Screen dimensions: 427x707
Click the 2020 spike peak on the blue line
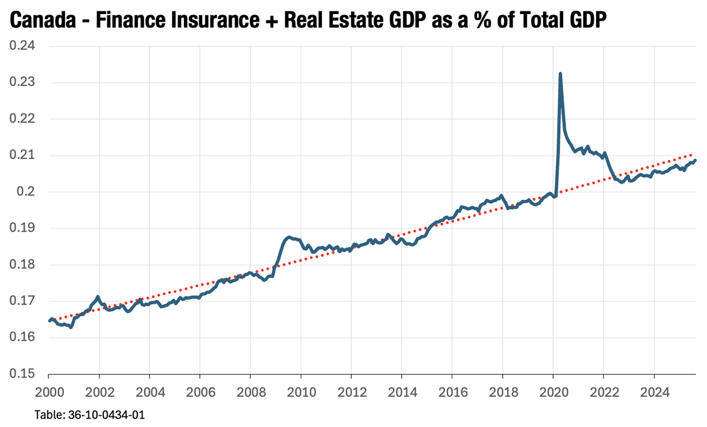[x=560, y=74]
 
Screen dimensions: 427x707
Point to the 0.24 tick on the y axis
[x=22, y=47]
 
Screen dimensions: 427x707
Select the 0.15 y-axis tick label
[x=22, y=374]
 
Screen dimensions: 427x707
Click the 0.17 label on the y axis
[x=22, y=301]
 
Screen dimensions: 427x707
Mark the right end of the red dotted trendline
[x=695, y=154]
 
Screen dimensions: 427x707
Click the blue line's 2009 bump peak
[x=288, y=237]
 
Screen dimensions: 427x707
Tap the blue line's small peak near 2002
[x=98, y=297]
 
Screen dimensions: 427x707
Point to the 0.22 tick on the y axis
[x=22, y=119]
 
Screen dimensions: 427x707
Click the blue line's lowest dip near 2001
[x=71, y=327]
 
